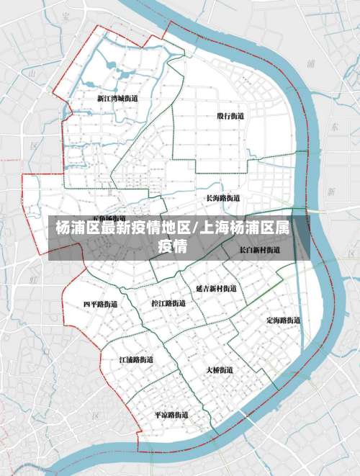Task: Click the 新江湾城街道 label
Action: coord(117,98)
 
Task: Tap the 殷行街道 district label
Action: coord(230,115)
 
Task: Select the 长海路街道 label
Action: coord(222,197)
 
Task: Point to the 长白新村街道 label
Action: coord(260,250)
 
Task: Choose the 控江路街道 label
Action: coord(168,303)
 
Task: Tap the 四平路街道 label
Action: coord(100,304)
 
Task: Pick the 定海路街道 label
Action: coord(283,320)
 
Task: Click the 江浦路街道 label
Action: coord(136,359)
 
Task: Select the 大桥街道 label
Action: coord(220,369)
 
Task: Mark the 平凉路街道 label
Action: coord(171,415)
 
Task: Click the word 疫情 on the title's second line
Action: coord(173,247)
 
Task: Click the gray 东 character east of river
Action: coord(333,126)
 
